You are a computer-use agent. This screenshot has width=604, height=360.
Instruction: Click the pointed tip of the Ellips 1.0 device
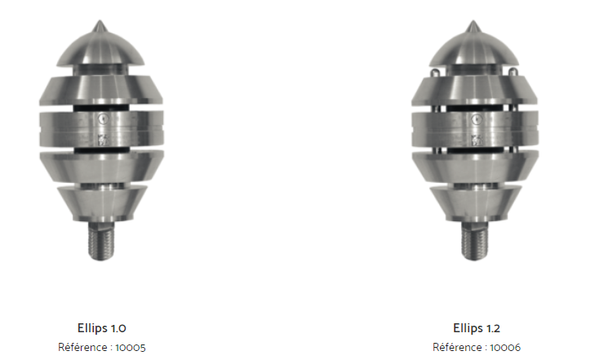tap(100, 20)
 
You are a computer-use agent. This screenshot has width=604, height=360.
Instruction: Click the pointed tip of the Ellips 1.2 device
tap(473, 21)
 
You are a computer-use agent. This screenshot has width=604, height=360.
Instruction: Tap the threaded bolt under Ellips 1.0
tap(101, 241)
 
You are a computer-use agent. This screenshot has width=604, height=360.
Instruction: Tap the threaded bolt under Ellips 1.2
tap(474, 241)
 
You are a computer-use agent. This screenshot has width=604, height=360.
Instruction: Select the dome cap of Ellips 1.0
tap(100, 48)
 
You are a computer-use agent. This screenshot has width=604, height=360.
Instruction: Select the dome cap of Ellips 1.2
tap(473, 48)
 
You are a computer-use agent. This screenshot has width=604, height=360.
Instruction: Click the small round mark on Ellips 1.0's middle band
tap(103, 118)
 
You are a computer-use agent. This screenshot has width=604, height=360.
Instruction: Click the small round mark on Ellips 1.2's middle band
tap(477, 119)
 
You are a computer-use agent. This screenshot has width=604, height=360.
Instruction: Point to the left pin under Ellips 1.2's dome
tap(434, 73)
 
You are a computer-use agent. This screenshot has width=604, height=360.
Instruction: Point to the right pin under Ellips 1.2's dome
tap(513, 72)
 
